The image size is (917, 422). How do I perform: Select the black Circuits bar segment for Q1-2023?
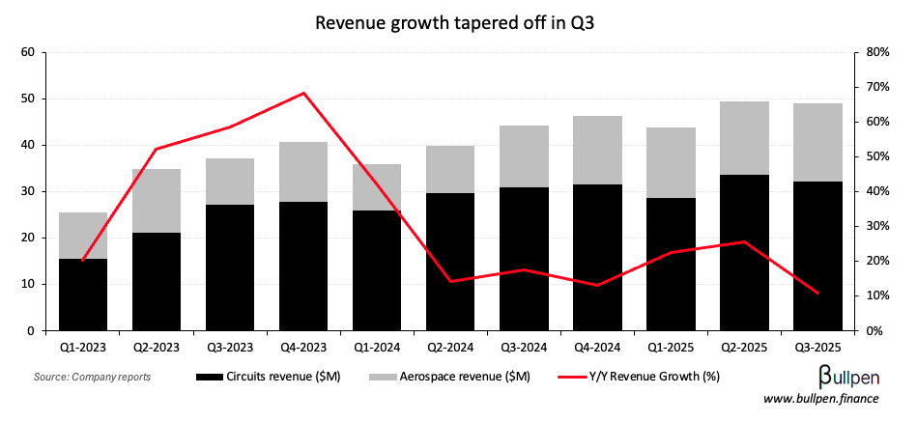(x=83, y=295)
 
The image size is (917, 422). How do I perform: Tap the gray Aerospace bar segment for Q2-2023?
(x=157, y=201)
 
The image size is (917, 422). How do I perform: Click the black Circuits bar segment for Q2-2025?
(x=744, y=253)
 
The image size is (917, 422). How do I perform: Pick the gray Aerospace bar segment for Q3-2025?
(x=817, y=142)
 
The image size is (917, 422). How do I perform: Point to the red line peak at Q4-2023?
(x=303, y=93)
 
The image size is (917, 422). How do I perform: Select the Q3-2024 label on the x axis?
(x=524, y=345)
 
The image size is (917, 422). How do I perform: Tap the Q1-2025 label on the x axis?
(x=671, y=345)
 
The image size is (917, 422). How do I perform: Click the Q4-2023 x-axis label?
(x=303, y=345)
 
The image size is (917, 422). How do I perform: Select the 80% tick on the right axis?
(x=875, y=52)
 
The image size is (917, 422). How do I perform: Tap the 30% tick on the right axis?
(x=875, y=226)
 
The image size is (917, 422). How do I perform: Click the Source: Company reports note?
(x=92, y=376)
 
